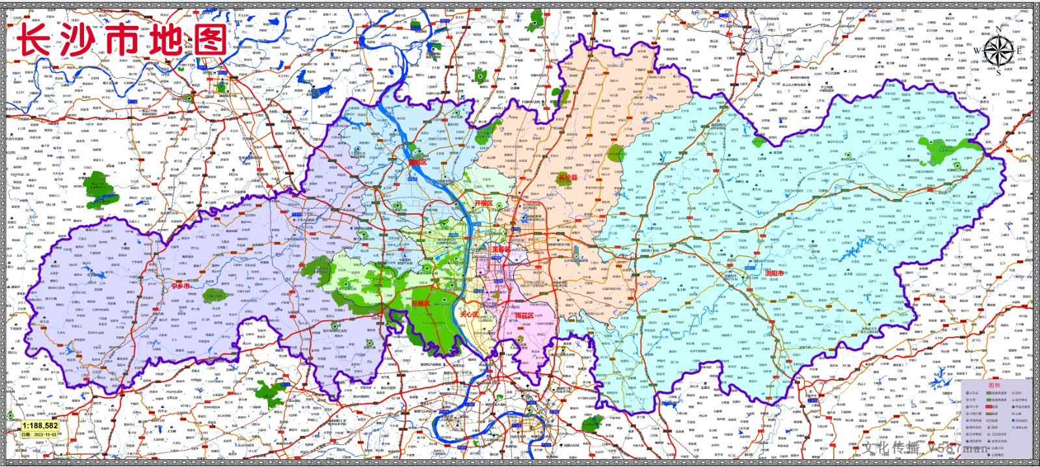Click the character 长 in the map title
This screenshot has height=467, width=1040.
(37, 38)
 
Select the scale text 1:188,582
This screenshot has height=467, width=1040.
(33, 426)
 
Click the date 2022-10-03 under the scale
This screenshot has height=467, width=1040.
(40, 434)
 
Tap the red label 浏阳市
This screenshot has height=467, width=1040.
(775, 274)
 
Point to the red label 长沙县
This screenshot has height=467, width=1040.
(568, 177)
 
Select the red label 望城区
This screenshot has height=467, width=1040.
(417, 162)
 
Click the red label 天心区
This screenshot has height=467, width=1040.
(469, 315)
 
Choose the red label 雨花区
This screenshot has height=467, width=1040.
(524, 315)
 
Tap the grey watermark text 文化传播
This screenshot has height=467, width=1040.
(891, 448)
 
